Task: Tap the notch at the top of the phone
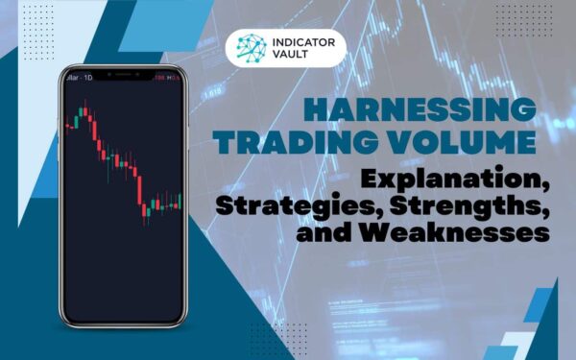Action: (121, 76)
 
